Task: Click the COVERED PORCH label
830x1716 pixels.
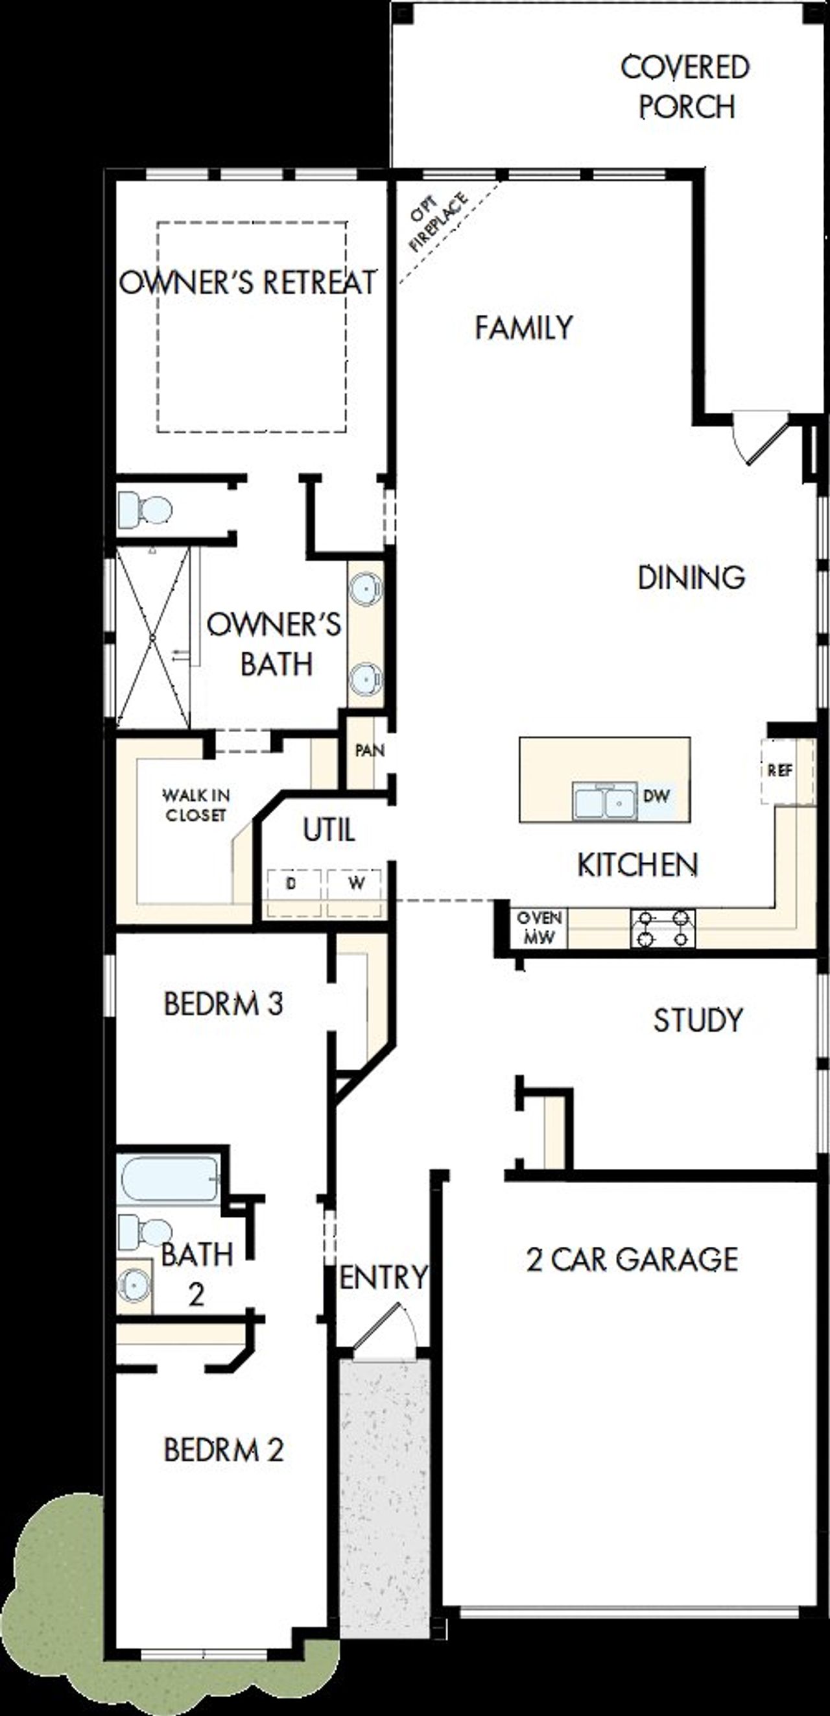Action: [x=685, y=87]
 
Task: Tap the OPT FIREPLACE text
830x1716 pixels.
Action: [x=437, y=222]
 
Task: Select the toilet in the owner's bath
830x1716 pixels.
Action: [x=145, y=510]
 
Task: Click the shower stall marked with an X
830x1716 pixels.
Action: [x=152, y=637]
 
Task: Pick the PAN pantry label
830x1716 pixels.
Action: [x=370, y=751]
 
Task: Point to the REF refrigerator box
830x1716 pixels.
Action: [x=780, y=771]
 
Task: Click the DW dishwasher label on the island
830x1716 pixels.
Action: [x=656, y=796]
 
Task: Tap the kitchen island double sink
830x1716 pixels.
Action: [x=604, y=800]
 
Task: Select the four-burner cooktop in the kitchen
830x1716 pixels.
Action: [x=663, y=929]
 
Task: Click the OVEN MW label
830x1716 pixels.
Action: [x=539, y=927]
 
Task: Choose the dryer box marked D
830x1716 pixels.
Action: [x=291, y=884]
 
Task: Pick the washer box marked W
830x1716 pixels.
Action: [x=356, y=884]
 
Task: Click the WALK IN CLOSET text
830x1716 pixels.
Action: [x=196, y=805]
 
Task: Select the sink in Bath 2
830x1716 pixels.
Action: [x=134, y=1285]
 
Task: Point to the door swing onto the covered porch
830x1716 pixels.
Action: [x=759, y=436]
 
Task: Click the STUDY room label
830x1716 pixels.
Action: [x=698, y=1020]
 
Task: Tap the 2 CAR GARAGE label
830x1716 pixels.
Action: [x=632, y=1259]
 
